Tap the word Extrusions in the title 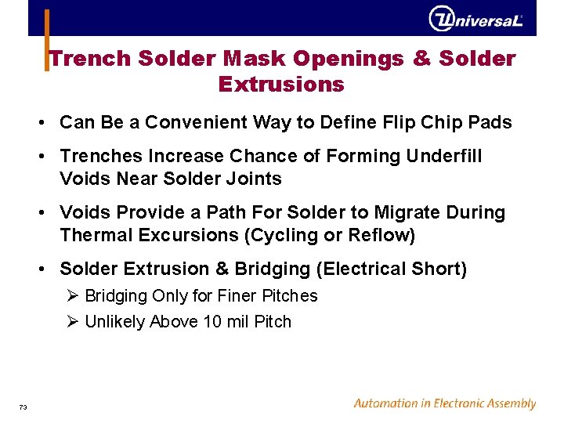pyautogui.click(x=281, y=84)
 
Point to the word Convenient pyautogui.click(x=206, y=123)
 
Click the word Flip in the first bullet pyautogui.click(x=396, y=123)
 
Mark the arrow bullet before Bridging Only pyautogui.click(x=74, y=296)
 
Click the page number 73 pyautogui.click(x=23, y=407)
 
